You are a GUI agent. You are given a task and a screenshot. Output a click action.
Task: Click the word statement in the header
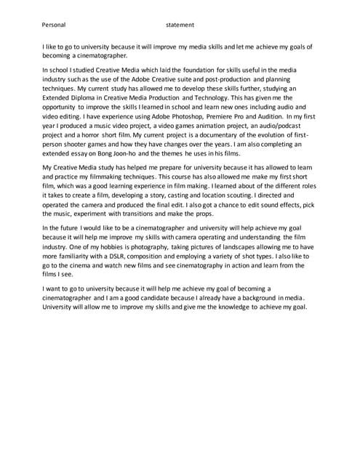pos(180,25)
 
